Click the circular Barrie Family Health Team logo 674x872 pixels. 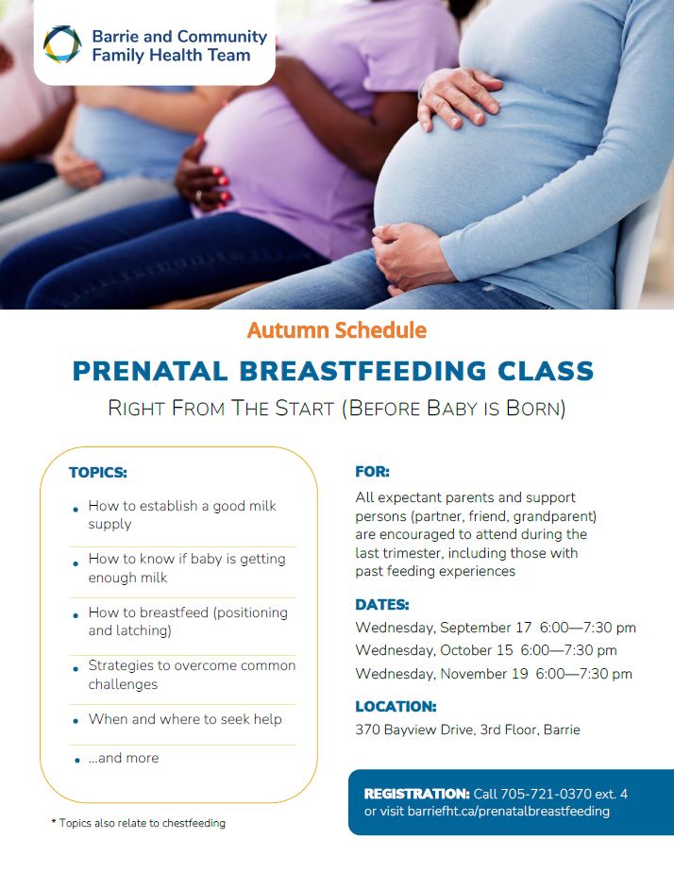pos(62,44)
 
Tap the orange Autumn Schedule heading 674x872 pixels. pos(337,330)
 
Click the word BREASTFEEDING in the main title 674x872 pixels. pos(362,372)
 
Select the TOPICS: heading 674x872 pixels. pos(98,473)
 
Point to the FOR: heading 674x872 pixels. pos(372,472)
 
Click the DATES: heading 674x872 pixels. pos(382,605)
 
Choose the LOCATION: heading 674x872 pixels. pos(396,706)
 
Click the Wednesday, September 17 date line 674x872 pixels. pos(496,628)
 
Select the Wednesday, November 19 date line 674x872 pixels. pos(494,674)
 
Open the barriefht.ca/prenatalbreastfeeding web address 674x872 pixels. pos(508,812)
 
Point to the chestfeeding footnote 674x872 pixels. pos(139,823)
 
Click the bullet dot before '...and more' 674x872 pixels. pos(76,761)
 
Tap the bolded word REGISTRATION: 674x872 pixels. pos(417,794)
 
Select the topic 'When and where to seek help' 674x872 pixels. pos(185,719)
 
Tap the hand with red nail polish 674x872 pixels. pos(204,179)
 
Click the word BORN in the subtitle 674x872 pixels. pos(535,409)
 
